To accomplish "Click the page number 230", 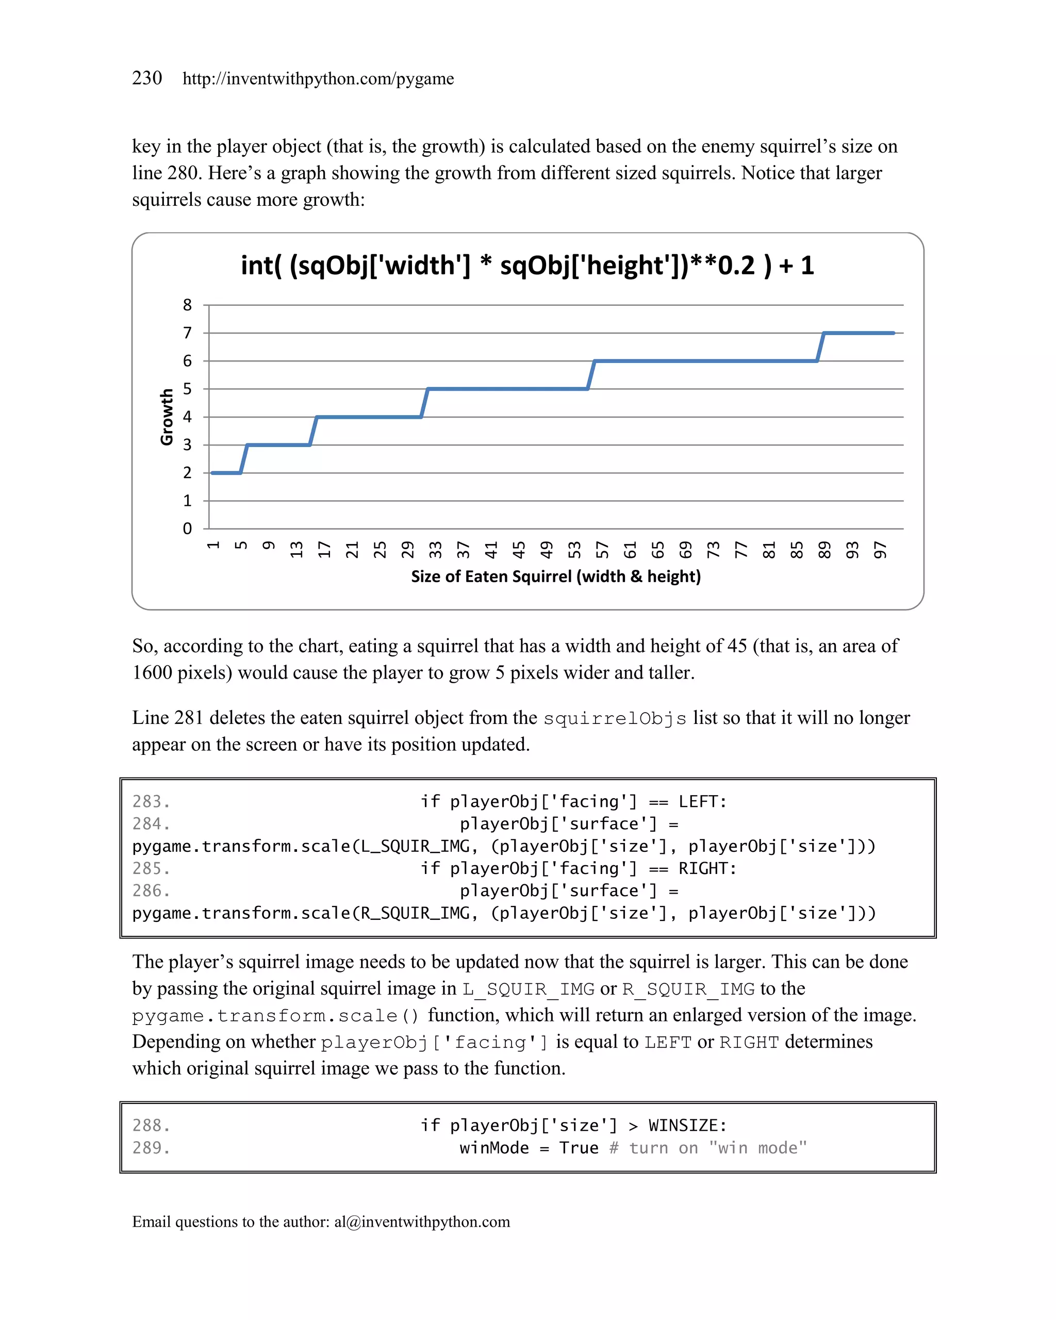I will click(x=147, y=78).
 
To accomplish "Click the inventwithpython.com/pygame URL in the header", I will click(x=318, y=79).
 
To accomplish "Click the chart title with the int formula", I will click(x=527, y=266).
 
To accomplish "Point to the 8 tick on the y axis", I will click(x=187, y=305).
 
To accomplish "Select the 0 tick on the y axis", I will click(x=187, y=529).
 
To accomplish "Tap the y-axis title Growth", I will click(x=167, y=417).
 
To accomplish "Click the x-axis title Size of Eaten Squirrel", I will click(x=556, y=577).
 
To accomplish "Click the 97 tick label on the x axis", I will click(x=880, y=550).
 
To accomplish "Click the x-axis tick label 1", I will click(x=213, y=546).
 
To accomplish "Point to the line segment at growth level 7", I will click(x=859, y=333).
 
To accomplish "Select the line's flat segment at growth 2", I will click(x=226, y=473).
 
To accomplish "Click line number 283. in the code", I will click(x=151, y=801).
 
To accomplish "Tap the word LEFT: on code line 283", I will click(x=702, y=801).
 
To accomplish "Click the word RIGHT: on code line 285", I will click(x=707, y=868).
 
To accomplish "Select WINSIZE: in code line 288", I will click(x=687, y=1125).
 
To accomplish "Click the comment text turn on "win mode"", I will click(x=717, y=1148).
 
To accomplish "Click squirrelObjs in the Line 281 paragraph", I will click(x=615, y=718).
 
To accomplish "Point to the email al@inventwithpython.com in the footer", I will click(x=422, y=1222).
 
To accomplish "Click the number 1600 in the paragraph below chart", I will click(x=152, y=673).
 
